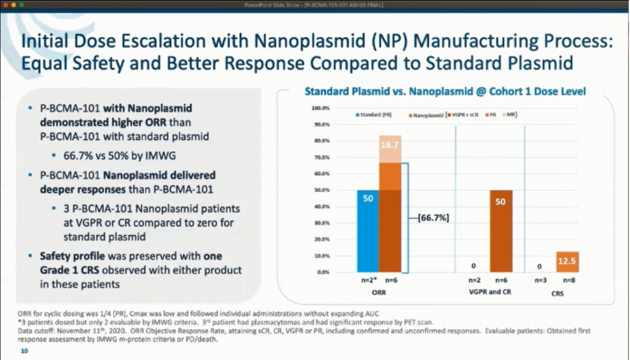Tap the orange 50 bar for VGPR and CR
[x=501, y=231]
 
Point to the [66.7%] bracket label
[x=433, y=218]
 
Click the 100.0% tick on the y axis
[x=321, y=109]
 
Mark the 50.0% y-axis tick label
[x=323, y=190]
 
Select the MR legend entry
[x=511, y=115]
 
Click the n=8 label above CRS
[x=567, y=280]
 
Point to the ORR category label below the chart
[x=379, y=291]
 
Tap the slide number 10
[x=24, y=351]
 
